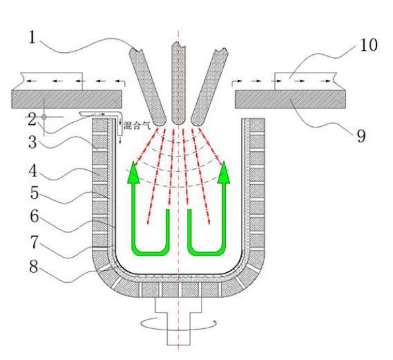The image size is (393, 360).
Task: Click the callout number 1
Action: (x=32, y=38)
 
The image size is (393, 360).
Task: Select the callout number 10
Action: (x=369, y=46)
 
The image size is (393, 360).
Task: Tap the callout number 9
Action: (x=361, y=136)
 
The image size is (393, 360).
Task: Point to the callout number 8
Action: (x=34, y=267)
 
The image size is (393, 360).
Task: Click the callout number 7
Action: (x=34, y=242)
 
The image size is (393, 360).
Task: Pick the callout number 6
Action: (x=34, y=217)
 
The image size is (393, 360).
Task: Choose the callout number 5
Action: (x=34, y=193)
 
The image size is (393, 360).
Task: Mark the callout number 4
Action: (x=33, y=172)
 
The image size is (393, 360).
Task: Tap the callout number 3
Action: (x=33, y=143)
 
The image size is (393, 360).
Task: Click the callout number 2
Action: (x=32, y=120)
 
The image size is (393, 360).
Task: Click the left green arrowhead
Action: (x=133, y=172)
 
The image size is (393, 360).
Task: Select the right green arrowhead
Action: (x=223, y=172)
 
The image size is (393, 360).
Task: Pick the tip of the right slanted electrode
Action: (x=196, y=125)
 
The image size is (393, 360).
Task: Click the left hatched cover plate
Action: (x=67, y=99)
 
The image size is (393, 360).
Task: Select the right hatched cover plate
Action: (x=291, y=99)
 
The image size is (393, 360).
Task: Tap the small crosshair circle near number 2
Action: (x=44, y=117)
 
